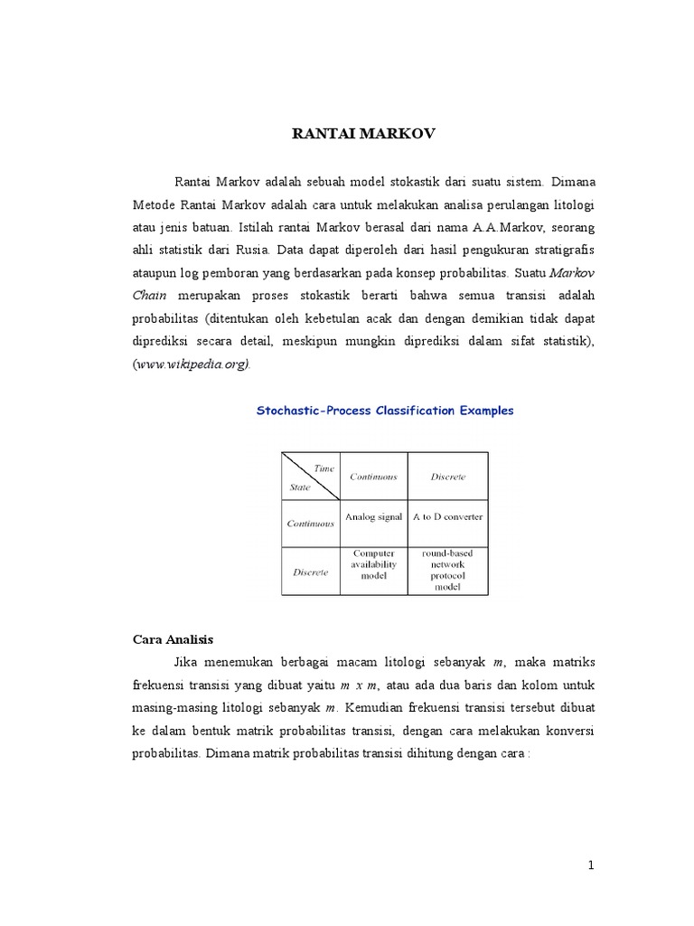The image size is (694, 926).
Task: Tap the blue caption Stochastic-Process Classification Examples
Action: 385,410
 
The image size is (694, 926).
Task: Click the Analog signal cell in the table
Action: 373,517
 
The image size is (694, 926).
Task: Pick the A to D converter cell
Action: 447,517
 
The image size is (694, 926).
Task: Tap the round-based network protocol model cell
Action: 447,569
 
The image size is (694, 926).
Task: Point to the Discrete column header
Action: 447,477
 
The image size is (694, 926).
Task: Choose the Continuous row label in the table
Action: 310,523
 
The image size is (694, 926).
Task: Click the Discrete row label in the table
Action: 310,572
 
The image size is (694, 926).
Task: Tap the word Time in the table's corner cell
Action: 323,467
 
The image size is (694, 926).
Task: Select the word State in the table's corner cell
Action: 299,487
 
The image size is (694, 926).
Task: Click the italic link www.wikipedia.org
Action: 192,364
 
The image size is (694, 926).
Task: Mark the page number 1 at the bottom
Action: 591,865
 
